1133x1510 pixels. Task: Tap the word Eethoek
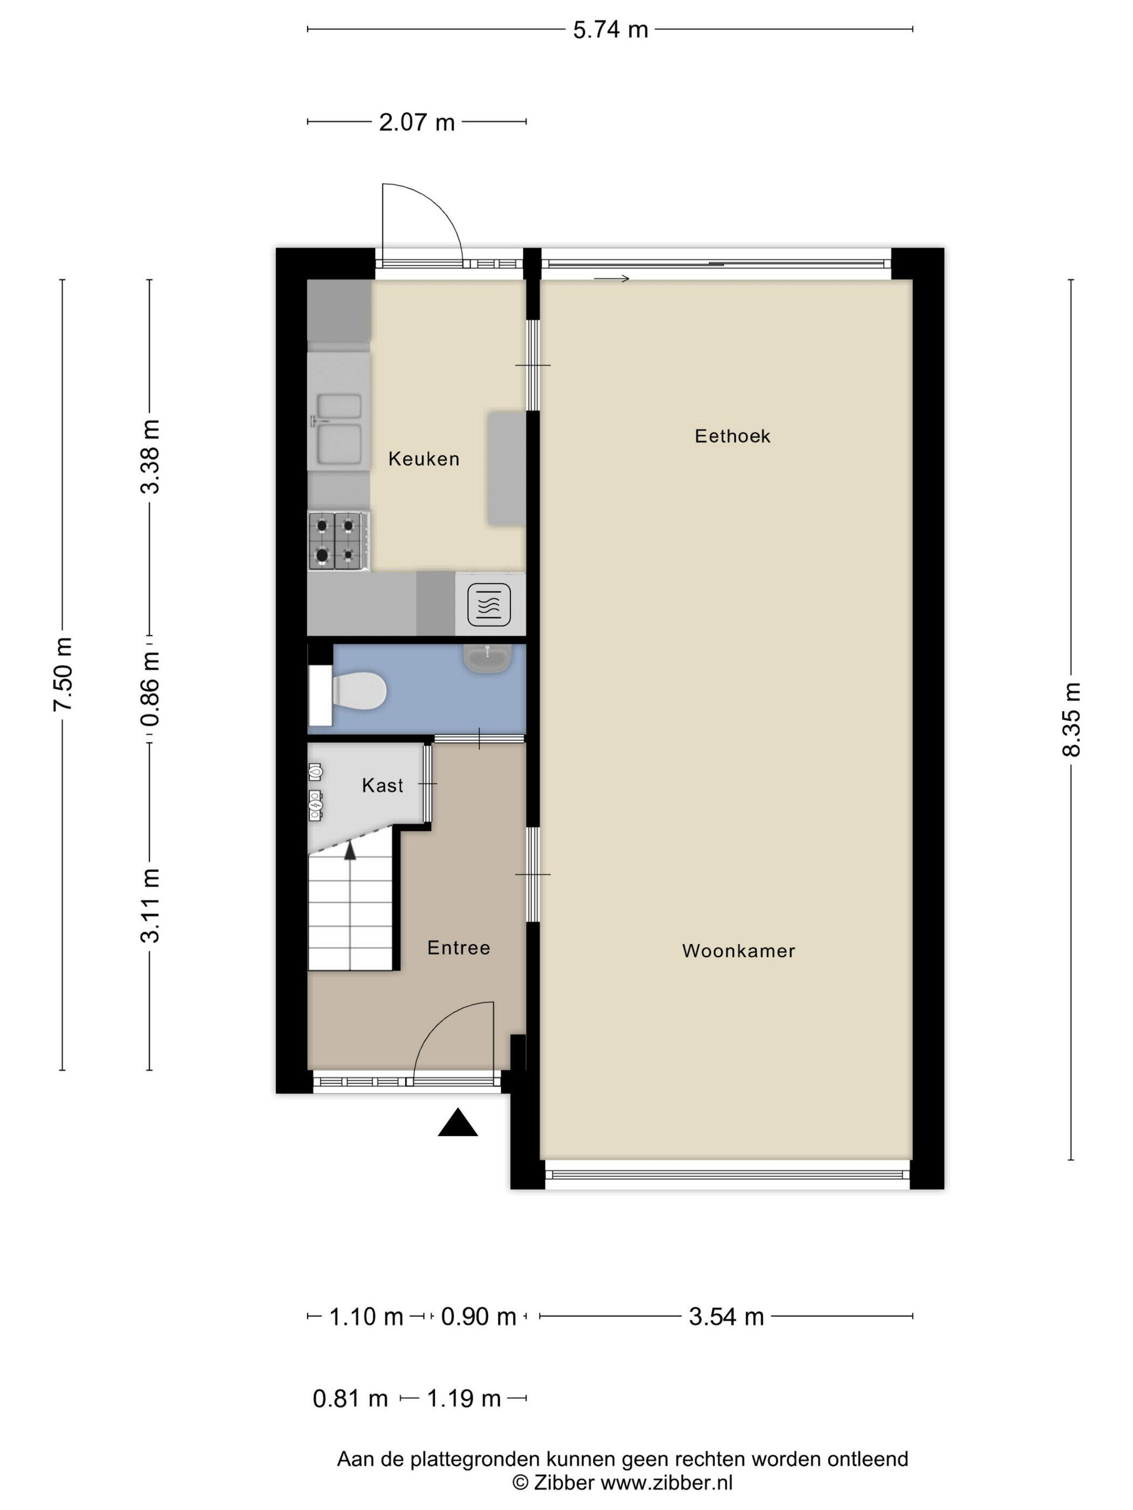point(732,436)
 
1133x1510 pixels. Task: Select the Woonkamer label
point(738,951)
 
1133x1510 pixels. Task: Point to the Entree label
point(458,948)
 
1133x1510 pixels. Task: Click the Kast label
point(383,786)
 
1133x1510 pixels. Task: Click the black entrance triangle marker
point(458,1122)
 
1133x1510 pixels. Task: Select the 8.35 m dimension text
point(1071,719)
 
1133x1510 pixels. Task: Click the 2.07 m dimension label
point(417,122)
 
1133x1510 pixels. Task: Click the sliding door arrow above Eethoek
point(611,278)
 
